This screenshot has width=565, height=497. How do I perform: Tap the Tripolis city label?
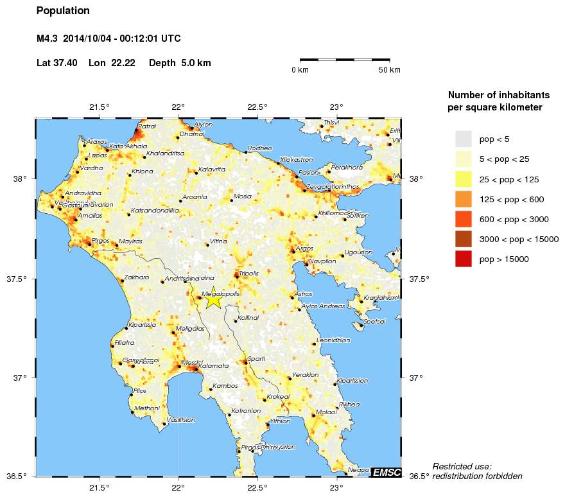pyautogui.click(x=248, y=274)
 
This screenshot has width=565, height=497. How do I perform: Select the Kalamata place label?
pyautogui.click(x=216, y=366)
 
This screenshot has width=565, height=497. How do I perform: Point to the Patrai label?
pyautogui.click(x=148, y=126)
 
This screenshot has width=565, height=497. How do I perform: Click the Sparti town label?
pyautogui.click(x=257, y=358)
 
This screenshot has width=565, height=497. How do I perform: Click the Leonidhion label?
pyautogui.click(x=333, y=340)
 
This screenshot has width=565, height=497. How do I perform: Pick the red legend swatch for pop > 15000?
pyautogui.click(x=463, y=259)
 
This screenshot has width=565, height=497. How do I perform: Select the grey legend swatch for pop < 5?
pyautogui.click(x=463, y=139)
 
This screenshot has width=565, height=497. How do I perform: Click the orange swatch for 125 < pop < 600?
pyautogui.click(x=463, y=199)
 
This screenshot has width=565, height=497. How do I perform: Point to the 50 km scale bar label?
pyautogui.click(x=390, y=69)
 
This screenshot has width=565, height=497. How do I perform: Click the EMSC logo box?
pyautogui.click(x=387, y=472)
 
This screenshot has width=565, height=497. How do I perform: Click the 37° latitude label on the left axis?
pyautogui.click(x=21, y=378)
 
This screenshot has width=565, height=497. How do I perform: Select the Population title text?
pyautogui.click(x=63, y=11)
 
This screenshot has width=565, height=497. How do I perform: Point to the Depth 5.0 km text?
pyautogui.click(x=180, y=63)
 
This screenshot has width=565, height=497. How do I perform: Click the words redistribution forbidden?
pyautogui.click(x=477, y=476)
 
